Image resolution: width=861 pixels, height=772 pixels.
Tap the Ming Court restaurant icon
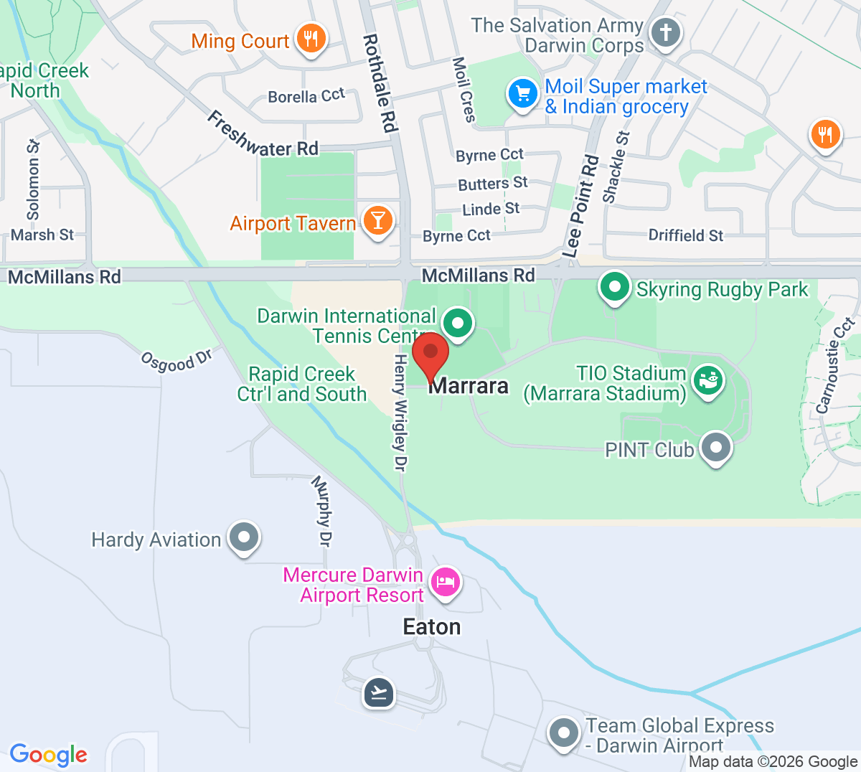click(311, 39)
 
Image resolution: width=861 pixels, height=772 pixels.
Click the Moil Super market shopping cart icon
click(523, 93)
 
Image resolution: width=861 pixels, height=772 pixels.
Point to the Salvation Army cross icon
click(666, 32)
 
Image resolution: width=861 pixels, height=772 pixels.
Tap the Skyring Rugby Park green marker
click(614, 287)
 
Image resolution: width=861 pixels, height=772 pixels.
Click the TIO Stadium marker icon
click(708, 380)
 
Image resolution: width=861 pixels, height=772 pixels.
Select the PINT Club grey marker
click(715, 448)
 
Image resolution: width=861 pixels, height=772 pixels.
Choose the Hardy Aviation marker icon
click(244, 537)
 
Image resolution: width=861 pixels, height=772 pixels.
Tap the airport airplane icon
click(379, 692)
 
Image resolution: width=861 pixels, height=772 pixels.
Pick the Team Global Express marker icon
click(563, 733)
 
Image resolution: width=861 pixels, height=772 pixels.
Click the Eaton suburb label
click(432, 626)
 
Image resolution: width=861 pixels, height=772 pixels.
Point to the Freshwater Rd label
click(263, 135)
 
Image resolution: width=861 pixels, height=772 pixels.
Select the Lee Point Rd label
click(581, 206)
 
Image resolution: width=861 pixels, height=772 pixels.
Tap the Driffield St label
click(685, 235)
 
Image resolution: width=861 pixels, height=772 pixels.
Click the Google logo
click(48, 754)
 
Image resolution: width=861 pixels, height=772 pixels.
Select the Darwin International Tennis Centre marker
click(457, 323)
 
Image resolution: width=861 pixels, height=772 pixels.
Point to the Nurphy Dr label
click(321, 512)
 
